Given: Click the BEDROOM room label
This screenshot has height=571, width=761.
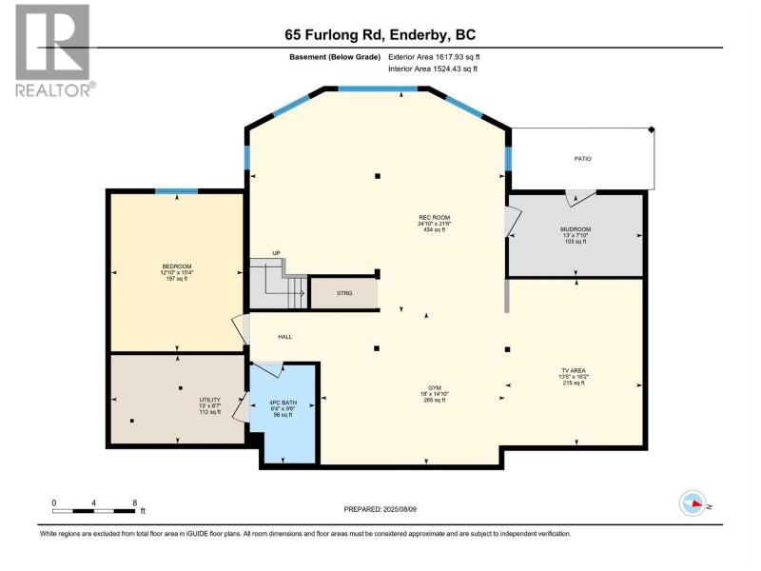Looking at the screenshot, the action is click(177, 266).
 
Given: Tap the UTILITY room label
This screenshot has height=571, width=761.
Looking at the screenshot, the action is click(209, 400).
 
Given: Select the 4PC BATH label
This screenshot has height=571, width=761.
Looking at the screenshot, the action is click(283, 403).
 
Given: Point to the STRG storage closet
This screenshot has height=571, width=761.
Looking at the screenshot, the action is click(344, 293).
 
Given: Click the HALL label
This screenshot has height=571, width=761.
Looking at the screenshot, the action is click(284, 337).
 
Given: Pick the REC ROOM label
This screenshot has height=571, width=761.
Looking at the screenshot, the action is click(435, 218).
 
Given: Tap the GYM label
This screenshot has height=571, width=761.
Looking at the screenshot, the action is click(435, 388).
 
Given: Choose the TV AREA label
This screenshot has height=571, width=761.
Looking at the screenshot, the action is click(574, 370).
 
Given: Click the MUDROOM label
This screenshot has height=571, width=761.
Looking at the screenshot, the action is click(576, 229).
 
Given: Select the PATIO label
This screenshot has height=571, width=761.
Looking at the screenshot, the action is click(583, 159).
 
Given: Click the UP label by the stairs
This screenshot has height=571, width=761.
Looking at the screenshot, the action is click(276, 253).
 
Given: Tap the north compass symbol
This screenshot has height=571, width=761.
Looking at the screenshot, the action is click(693, 503).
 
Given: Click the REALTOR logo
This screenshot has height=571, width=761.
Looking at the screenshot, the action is click(54, 50).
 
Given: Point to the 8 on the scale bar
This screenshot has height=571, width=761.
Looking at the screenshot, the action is click(135, 503).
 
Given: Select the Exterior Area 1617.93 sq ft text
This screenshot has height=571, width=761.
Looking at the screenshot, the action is click(434, 57).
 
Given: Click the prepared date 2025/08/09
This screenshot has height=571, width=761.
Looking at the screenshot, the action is click(400, 509).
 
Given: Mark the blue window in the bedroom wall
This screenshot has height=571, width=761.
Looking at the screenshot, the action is click(176, 191).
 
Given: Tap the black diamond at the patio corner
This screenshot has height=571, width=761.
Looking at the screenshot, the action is click(652, 129).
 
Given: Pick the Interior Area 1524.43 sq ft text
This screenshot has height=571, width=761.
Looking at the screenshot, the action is click(433, 69).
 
